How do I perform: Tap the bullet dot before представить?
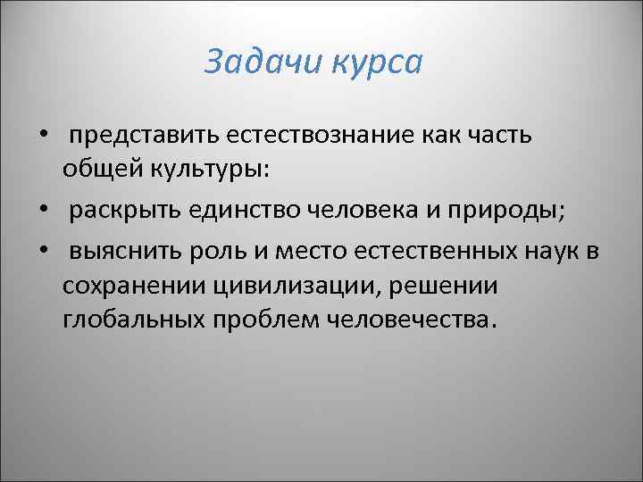click(x=42, y=135)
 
